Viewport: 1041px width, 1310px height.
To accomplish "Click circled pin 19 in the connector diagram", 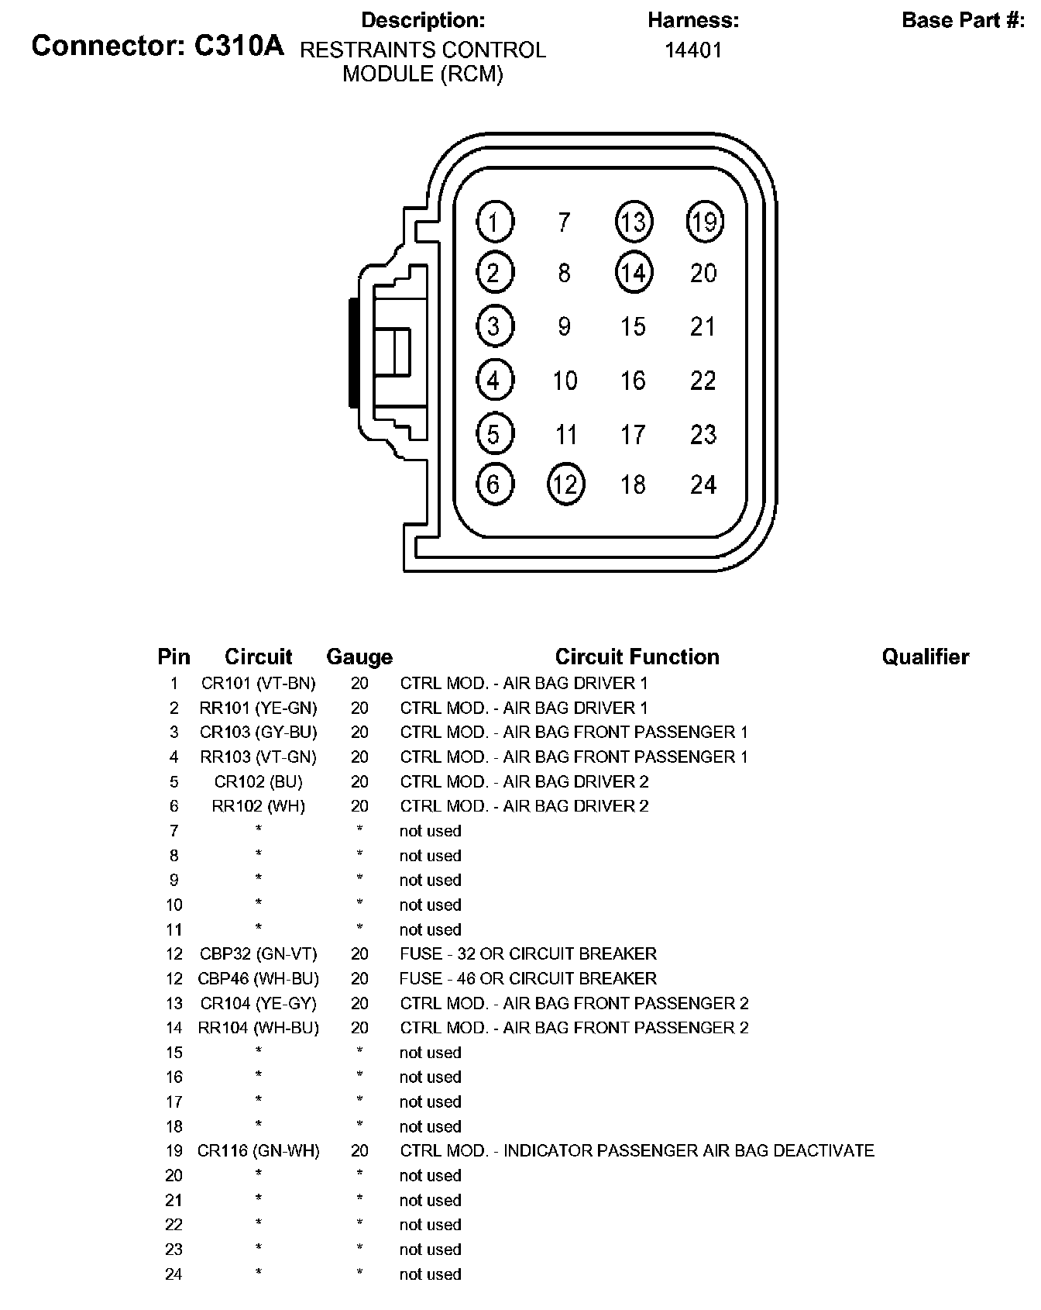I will pos(704,222).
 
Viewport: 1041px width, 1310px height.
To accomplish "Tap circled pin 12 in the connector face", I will pos(565,484).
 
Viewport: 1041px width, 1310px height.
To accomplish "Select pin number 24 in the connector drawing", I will pos(703,484).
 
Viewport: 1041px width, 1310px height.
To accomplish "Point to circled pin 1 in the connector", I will pos(494,222).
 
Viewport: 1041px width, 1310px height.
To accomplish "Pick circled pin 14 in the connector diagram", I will pos(634,273).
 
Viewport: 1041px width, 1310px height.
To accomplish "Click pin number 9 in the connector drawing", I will pos(565,326).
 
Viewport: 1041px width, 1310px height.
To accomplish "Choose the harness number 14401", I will pos(693,50).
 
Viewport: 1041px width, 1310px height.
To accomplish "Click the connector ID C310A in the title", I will pos(239,47).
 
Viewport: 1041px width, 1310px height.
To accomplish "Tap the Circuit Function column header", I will pos(637,657).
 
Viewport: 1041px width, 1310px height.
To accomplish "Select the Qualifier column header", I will pos(925,657).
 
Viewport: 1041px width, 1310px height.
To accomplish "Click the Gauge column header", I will pos(359,657).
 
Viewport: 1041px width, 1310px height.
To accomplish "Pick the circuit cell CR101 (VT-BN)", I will pos(259,683).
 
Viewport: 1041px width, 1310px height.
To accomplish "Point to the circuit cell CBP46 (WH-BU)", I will pos(259,978).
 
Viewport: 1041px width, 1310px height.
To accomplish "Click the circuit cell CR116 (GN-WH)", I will pos(259,1150).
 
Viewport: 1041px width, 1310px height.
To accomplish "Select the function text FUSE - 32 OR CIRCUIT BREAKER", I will pos(528,953).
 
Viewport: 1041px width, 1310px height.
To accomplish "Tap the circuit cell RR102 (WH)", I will pos(259,806).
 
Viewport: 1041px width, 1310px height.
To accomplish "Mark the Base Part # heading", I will pos(963,21).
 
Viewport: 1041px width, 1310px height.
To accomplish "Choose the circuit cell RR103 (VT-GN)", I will pos(259,757).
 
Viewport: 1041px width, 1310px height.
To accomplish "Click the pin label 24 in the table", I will pos(173,1274).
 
